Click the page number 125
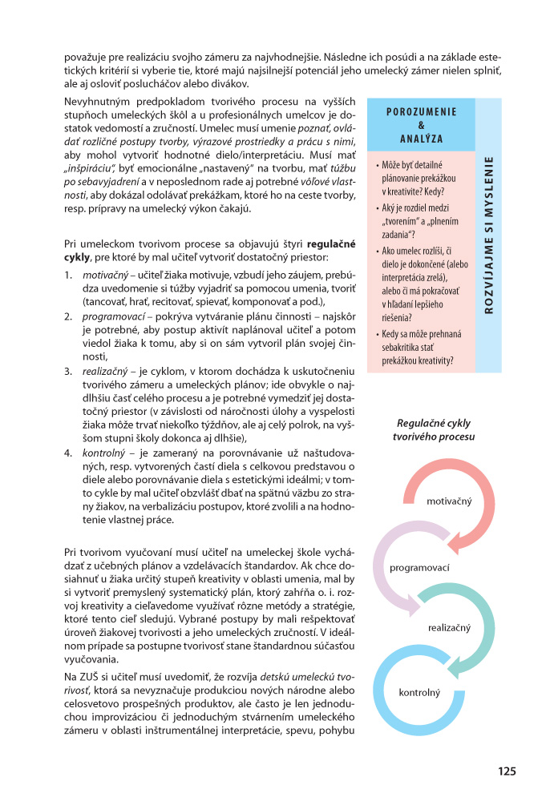pyautogui.click(x=506, y=771)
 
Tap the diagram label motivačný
pyautogui.click(x=450, y=501)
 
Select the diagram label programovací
pyautogui.click(x=419, y=568)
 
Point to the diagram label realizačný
pyautogui.click(x=449, y=629)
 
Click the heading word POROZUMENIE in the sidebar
pyautogui.click(x=421, y=113)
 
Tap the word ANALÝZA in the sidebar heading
pyautogui.click(x=421, y=139)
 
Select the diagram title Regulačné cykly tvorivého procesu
pyautogui.click(x=434, y=429)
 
